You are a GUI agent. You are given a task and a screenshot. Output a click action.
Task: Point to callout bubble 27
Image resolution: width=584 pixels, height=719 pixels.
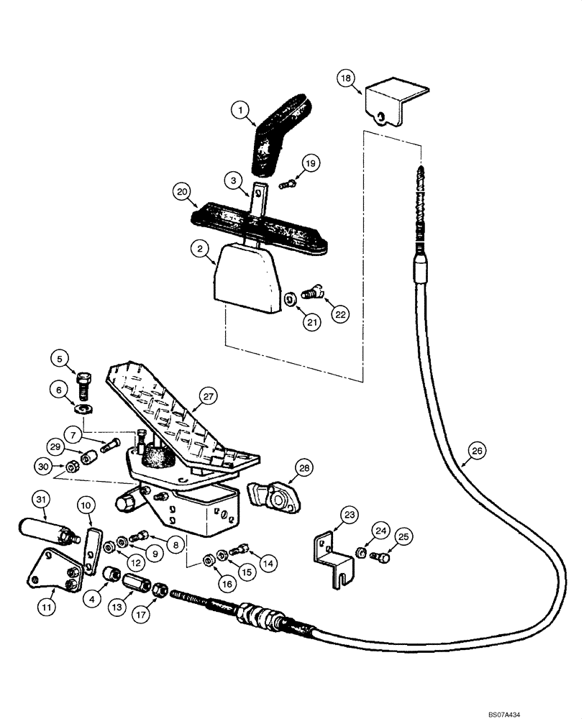[x=208, y=395]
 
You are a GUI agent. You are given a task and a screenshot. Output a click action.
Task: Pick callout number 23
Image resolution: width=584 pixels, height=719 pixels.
[x=349, y=514]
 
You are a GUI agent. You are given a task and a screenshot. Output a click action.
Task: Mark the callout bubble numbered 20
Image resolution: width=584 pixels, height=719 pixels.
[x=184, y=192]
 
